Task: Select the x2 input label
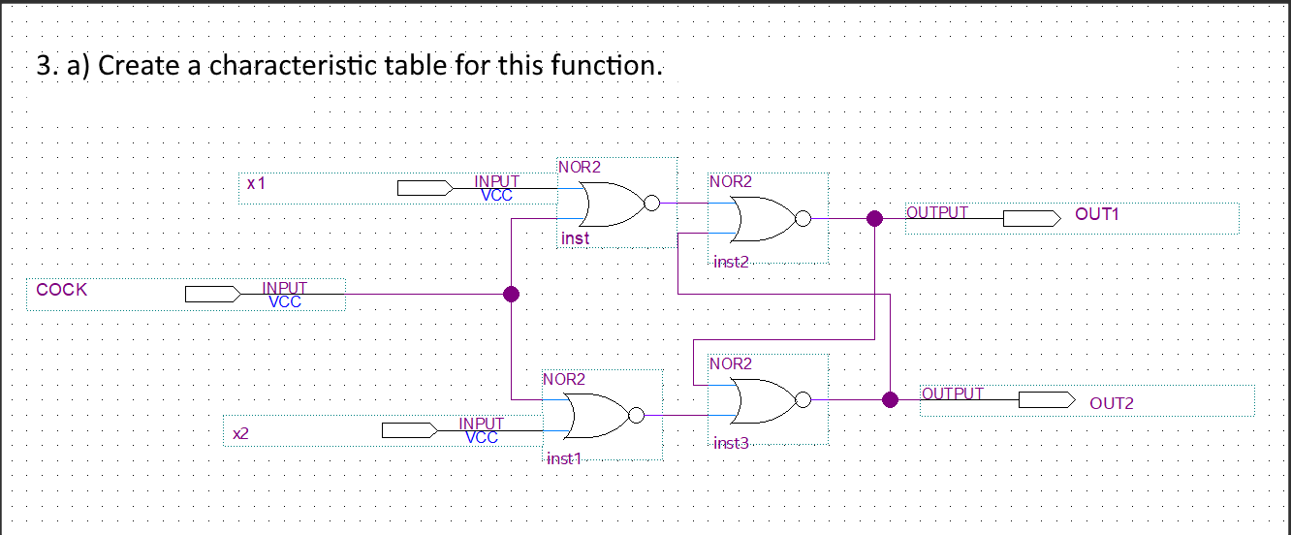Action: pos(241,434)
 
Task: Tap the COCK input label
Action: pos(61,290)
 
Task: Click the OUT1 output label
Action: pos(1096,214)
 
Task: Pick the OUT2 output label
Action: pos(1111,403)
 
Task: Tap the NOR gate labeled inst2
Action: pos(765,218)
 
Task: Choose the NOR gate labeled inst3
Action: pos(765,399)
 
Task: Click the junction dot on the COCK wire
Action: pos(511,295)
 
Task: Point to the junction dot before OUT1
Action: pos(874,219)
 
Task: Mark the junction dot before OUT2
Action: pos(890,399)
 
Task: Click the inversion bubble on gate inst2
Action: pos(802,219)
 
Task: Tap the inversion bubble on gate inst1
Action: pos(636,416)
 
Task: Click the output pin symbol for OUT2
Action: pos(1046,399)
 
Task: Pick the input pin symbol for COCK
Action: pos(212,294)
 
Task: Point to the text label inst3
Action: pos(731,444)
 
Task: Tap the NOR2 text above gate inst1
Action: pos(564,380)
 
